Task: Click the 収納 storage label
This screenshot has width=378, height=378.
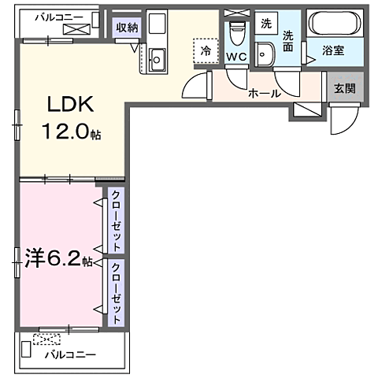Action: tap(126, 28)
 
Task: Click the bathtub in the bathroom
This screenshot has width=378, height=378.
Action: tap(334, 24)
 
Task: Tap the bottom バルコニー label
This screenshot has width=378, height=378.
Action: tap(69, 355)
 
